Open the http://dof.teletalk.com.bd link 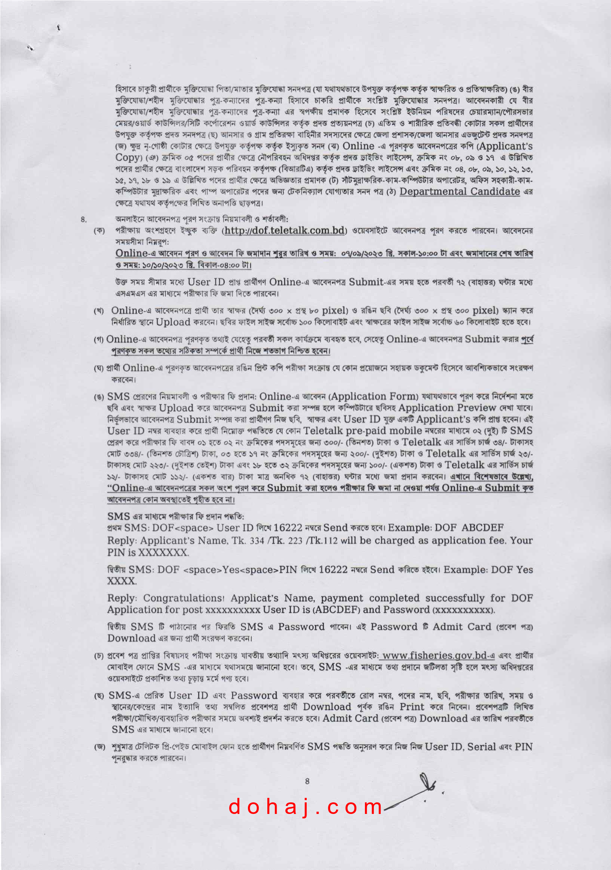tap(284, 230)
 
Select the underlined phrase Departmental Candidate tap(460, 192)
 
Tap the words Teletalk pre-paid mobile tap(363, 431)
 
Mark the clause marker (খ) tap(99, 311)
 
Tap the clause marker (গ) tap(99, 339)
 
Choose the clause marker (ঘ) tap(99, 368)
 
